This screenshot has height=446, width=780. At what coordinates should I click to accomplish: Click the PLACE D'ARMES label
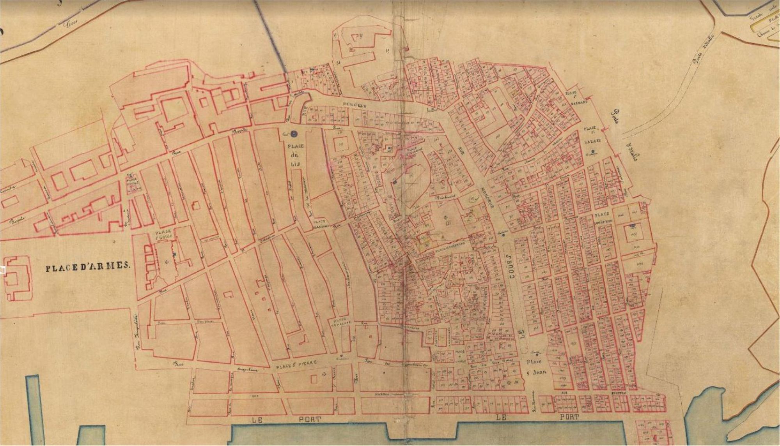(87, 268)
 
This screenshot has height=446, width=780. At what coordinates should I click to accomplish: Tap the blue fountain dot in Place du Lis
(294, 134)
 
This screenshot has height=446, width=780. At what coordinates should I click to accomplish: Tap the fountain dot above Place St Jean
(537, 354)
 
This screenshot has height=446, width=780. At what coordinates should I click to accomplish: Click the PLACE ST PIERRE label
(296, 362)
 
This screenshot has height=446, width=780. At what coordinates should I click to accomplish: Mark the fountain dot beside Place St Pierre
(342, 356)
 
